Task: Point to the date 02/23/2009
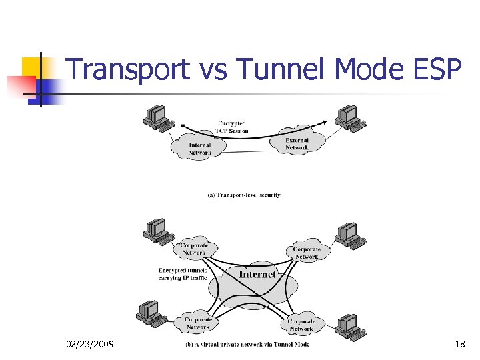pos(90,344)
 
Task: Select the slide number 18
pos(459,344)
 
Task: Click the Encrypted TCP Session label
pos(232,127)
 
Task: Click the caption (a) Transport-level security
pos(243,195)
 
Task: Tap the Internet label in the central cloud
pos(257,274)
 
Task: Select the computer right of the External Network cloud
pos(349,118)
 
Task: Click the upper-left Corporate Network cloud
pos(194,249)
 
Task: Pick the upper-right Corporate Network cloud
pos(306,253)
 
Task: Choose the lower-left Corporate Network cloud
pos(197,323)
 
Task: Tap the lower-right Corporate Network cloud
pos(301,325)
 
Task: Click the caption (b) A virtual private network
pos(247,344)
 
